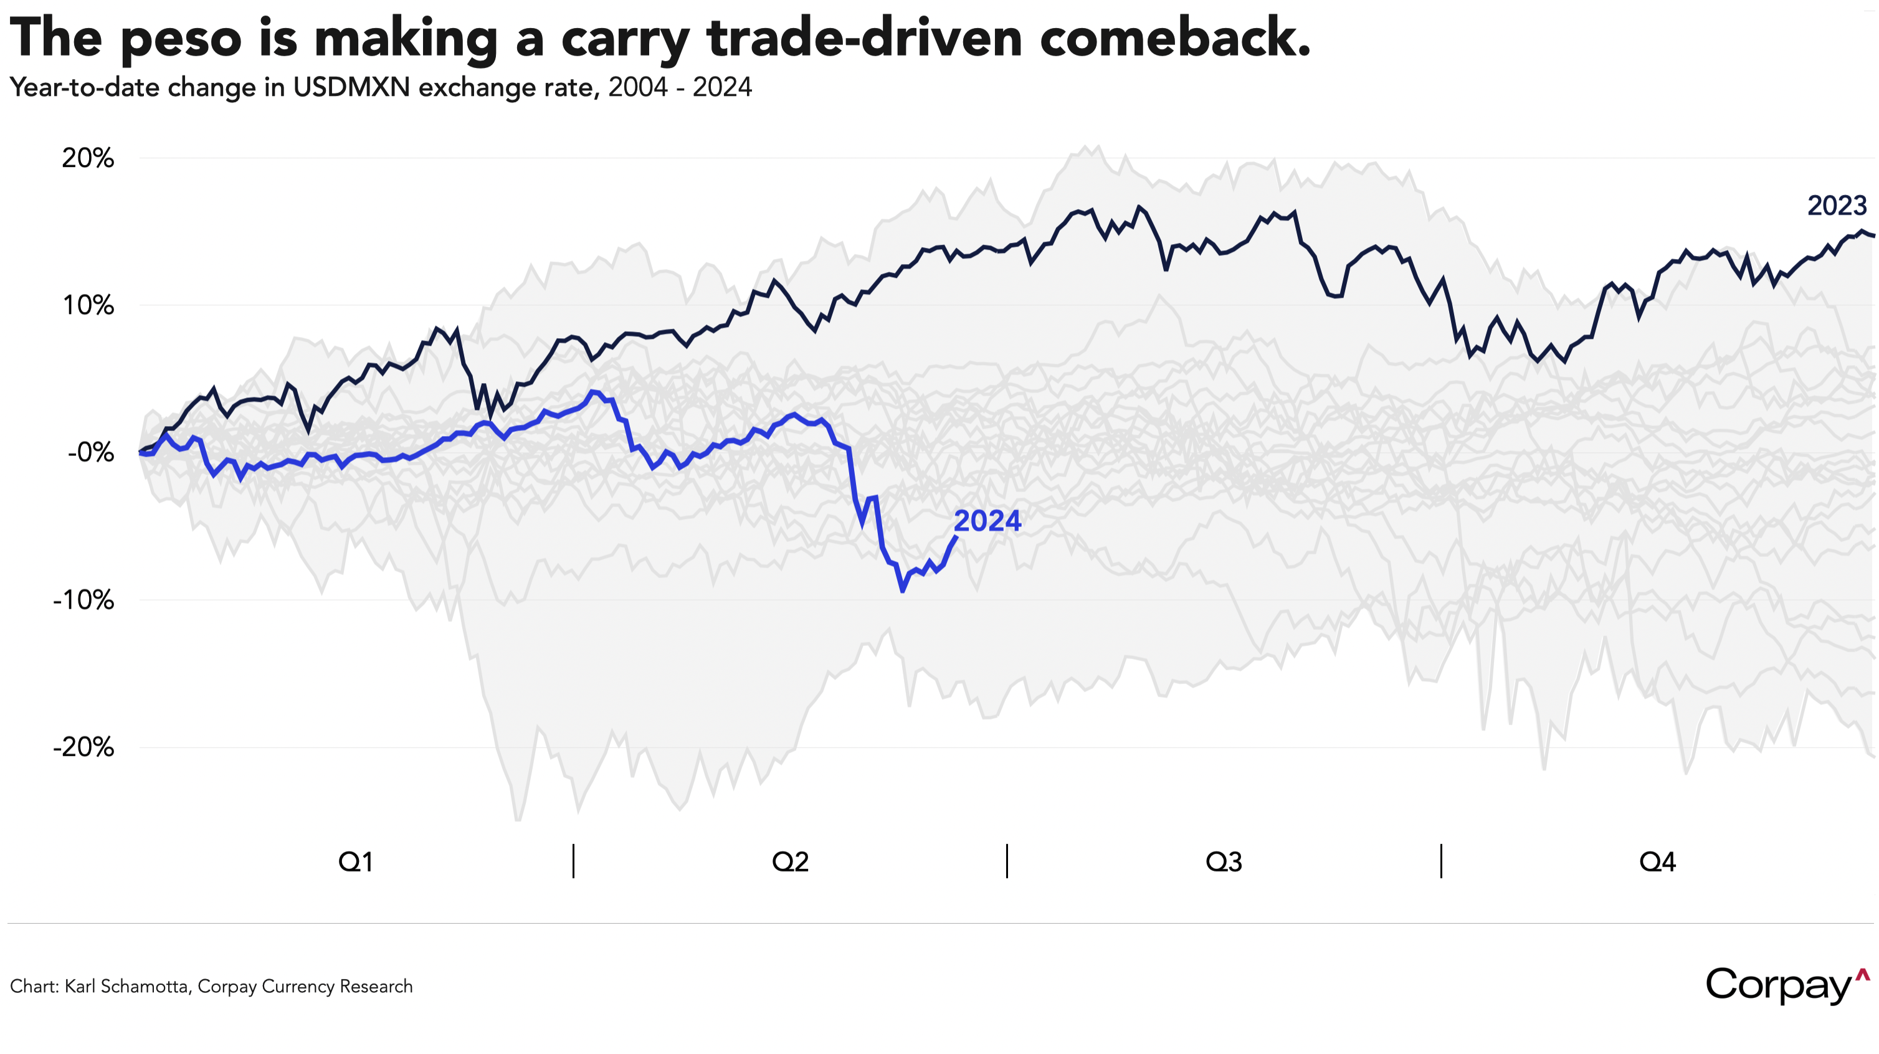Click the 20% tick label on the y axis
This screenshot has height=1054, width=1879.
pos(87,158)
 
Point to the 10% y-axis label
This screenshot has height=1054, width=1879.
pos(87,306)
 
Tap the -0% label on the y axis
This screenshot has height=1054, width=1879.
pos(90,453)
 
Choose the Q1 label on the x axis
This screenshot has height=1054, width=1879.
pos(356,862)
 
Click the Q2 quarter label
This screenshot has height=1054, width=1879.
pos(790,862)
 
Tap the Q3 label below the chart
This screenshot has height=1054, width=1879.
pos(1223,862)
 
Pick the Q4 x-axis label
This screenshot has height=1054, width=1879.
pos(1657,862)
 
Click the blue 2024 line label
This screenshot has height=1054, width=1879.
pos(987,521)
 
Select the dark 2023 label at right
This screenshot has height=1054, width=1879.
pos(1837,206)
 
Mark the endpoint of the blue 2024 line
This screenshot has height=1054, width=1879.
pos(956,538)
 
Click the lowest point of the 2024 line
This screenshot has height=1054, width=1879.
pos(903,591)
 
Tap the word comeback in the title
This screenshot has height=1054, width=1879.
pos(1174,38)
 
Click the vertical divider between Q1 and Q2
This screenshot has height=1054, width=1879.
pos(573,861)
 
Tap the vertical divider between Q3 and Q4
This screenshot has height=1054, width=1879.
pos(1440,861)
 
